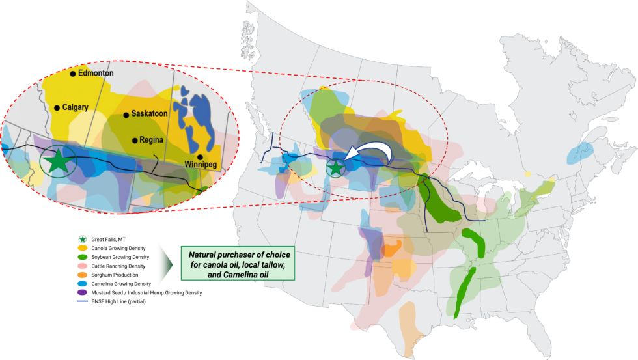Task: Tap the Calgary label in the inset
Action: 75,107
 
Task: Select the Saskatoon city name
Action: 149,113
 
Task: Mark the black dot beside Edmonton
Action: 73,74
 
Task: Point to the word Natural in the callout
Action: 202,253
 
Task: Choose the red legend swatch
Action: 83,266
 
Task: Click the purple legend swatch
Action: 83,292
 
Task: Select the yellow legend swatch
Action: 83,248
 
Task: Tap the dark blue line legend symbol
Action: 83,301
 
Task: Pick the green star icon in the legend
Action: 83,239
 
